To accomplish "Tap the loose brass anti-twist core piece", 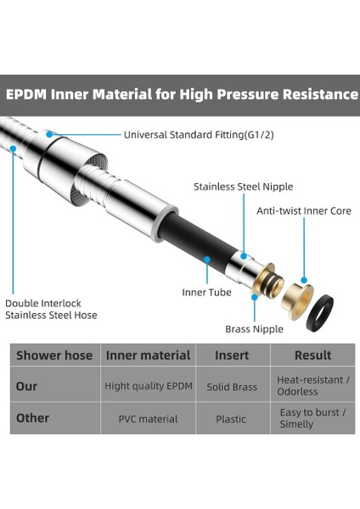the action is pyautogui.click(x=296, y=301).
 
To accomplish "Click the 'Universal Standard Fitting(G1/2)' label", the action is pyautogui.click(x=199, y=135).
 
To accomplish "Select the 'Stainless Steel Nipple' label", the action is pyautogui.click(x=244, y=187).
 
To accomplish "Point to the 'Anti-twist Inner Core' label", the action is pyautogui.click(x=304, y=211).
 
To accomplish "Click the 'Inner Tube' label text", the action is pyautogui.click(x=206, y=293).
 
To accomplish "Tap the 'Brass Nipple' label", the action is pyautogui.click(x=254, y=329).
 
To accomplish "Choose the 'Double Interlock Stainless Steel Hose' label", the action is pyautogui.click(x=51, y=309).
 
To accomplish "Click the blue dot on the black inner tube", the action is pyautogui.click(x=207, y=260).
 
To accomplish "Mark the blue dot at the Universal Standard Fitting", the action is pyautogui.click(x=49, y=134).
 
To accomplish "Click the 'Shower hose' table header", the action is pyautogui.click(x=54, y=355).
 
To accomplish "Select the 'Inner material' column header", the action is pyautogui.click(x=148, y=355).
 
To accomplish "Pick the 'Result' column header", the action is pyautogui.click(x=313, y=355).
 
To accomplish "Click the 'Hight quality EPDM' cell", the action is pyautogui.click(x=149, y=386).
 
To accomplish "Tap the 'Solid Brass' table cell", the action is pyautogui.click(x=232, y=387).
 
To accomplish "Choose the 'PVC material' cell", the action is pyautogui.click(x=148, y=419).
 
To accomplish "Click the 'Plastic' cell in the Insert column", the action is pyautogui.click(x=231, y=419).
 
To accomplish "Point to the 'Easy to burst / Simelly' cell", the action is pyautogui.click(x=312, y=418).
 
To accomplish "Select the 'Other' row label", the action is pyautogui.click(x=32, y=418).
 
